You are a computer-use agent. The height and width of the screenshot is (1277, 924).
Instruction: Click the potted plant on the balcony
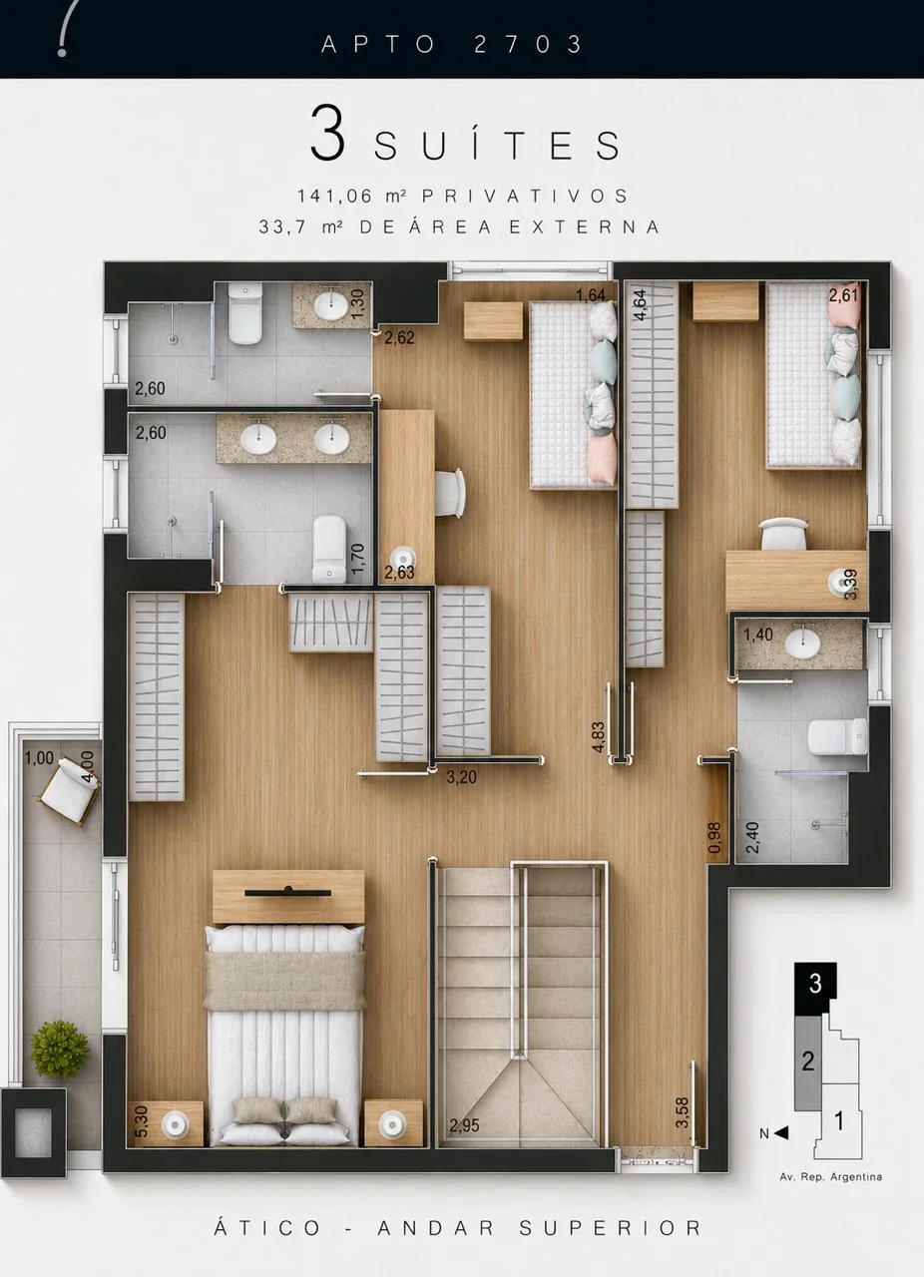pos(59,1049)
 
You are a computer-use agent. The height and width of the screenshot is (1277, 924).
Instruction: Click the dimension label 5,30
pos(142,1121)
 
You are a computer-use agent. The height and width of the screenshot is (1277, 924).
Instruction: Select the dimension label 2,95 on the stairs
pos(464,1125)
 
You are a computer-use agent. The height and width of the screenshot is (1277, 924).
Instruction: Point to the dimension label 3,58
pos(682,1112)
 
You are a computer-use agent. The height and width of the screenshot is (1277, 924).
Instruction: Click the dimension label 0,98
pos(714,837)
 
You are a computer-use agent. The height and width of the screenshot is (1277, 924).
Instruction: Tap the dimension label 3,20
pos(461,776)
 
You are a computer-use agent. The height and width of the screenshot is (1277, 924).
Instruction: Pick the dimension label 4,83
pos(598,736)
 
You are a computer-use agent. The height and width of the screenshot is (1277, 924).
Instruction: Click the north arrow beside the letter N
pos(781,1132)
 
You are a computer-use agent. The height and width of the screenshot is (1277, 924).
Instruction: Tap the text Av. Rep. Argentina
pos(830,1176)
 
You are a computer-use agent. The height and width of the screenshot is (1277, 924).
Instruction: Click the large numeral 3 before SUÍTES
pos(328,133)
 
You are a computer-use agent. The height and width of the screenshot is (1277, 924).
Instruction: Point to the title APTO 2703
pos(452,45)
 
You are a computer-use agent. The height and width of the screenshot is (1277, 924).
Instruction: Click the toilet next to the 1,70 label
pos(329,549)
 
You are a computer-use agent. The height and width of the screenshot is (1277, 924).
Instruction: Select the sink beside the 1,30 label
pos(331,306)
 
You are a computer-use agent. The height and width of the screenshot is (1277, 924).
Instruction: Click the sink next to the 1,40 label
pos(803,644)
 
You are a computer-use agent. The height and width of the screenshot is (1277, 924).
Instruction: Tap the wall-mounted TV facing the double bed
pos(288,892)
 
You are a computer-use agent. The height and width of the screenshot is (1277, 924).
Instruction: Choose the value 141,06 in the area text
pos(335,197)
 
